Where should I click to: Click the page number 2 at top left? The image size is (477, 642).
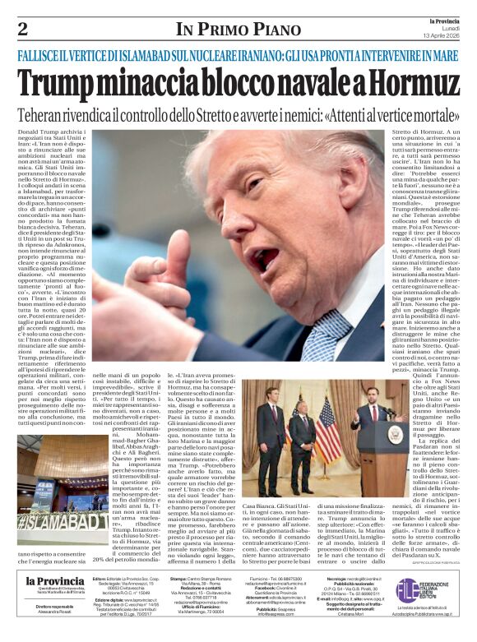23,30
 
